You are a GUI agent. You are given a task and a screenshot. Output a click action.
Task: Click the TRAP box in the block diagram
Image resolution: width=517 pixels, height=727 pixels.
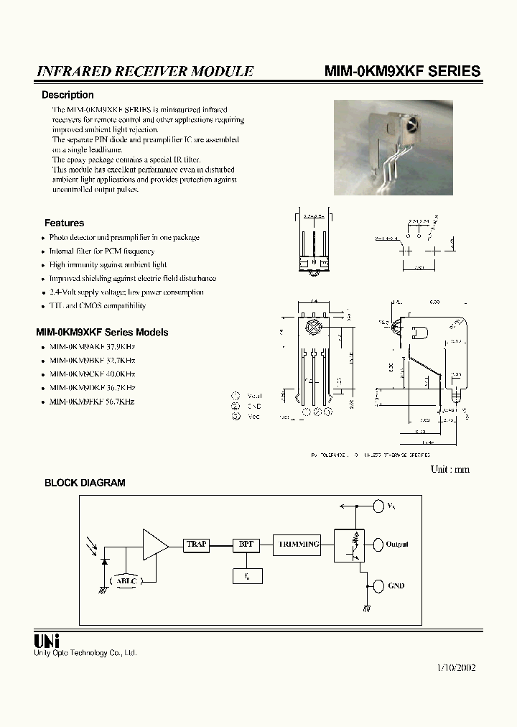tap(196, 545)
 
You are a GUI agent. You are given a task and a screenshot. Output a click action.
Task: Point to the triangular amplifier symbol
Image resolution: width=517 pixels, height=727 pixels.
tap(154, 544)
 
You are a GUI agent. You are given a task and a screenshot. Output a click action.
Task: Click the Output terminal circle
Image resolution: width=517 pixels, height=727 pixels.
tap(378, 545)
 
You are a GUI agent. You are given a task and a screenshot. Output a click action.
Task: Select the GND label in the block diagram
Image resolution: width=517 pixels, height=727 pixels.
tap(396, 585)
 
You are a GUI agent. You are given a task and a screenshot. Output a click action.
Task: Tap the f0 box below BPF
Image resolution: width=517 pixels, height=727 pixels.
tap(247, 575)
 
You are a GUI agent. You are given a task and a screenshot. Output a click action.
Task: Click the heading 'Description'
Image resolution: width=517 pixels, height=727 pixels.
tap(67, 95)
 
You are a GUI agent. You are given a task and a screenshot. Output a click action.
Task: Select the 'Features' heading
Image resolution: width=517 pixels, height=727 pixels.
tap(64, 223)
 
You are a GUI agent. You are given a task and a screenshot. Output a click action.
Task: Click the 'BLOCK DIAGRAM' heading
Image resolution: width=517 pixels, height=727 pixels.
tap(85, 483)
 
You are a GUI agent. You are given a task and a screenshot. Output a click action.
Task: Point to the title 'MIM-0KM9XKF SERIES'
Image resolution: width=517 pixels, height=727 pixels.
tap(402, 71)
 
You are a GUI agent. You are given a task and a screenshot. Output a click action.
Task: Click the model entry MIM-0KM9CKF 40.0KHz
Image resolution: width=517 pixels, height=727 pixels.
tap(92, 374)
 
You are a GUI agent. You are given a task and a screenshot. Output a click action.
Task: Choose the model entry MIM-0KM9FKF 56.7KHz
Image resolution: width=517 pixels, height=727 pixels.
tap(92, 402)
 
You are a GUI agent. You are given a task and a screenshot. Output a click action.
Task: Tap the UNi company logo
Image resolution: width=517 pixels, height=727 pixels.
tap(47, 641)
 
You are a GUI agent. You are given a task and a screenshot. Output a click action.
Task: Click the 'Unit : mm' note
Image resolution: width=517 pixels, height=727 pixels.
tap(450, 469)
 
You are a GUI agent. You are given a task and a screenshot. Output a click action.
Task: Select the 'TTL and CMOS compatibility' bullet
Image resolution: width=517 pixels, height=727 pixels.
tap(97, 305)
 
